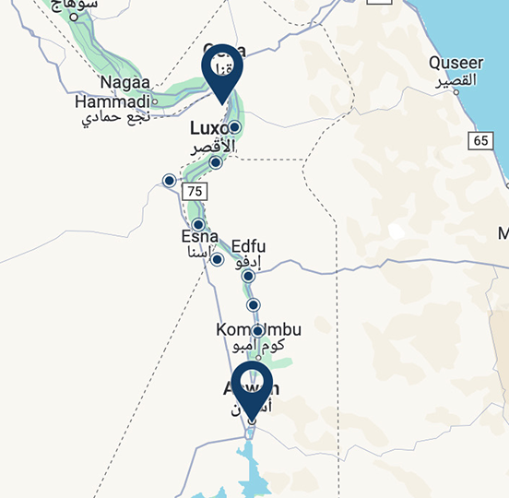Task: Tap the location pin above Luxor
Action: point(221,72)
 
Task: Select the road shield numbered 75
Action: point(194,191)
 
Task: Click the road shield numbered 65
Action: point(479,140)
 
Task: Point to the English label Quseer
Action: point(456,64)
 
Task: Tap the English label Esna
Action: point(200,236)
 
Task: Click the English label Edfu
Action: point(249,246)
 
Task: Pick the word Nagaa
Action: point(117,84)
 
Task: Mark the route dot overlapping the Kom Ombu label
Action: point(257,331)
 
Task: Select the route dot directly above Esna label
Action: point(198,224)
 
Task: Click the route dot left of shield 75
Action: point(169,180)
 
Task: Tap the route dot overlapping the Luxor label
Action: point(234,127)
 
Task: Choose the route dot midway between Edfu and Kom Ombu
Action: point(254,304)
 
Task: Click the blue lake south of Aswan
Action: point(247,461)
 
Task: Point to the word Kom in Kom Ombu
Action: point(231,330)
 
